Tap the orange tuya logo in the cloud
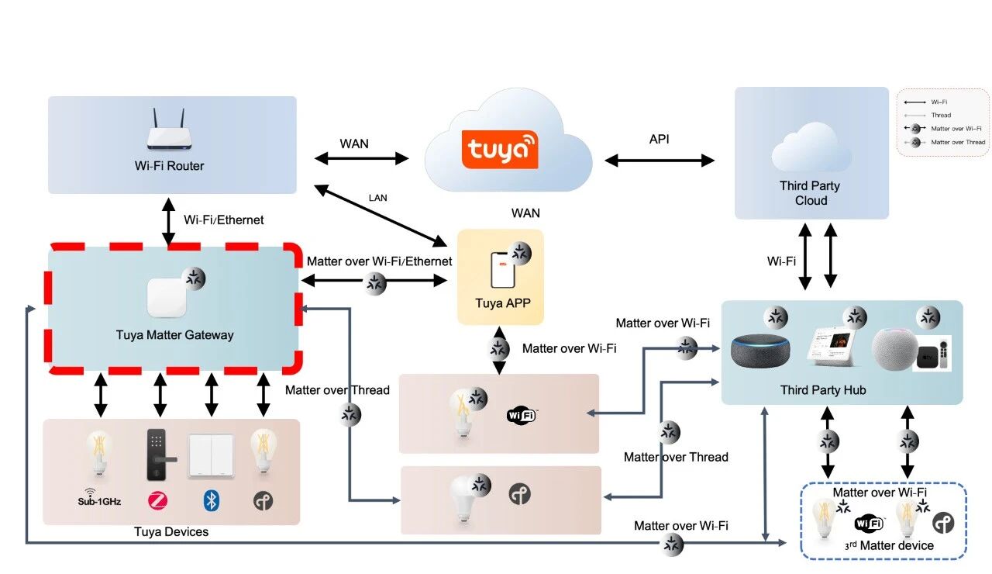(x=500, y=149)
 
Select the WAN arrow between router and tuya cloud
(x=361, y=158)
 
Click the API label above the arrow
(x=660, y=140)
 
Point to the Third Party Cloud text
(x=810, y=193)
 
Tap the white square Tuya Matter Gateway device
(x=167, y=298)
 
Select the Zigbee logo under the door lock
(x=157, y=501)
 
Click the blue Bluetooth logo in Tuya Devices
(x=211, y=501)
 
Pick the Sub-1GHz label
(x=98, y=501)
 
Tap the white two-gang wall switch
(x=211, y=457)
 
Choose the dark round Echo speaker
(x=762, y=350)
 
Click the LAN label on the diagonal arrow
(x=377, y=198)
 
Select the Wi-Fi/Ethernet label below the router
(x=223, y=220)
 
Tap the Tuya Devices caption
(x=171, y=532)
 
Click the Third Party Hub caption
(x=823, y=390)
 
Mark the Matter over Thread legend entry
(x=958, y=142)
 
